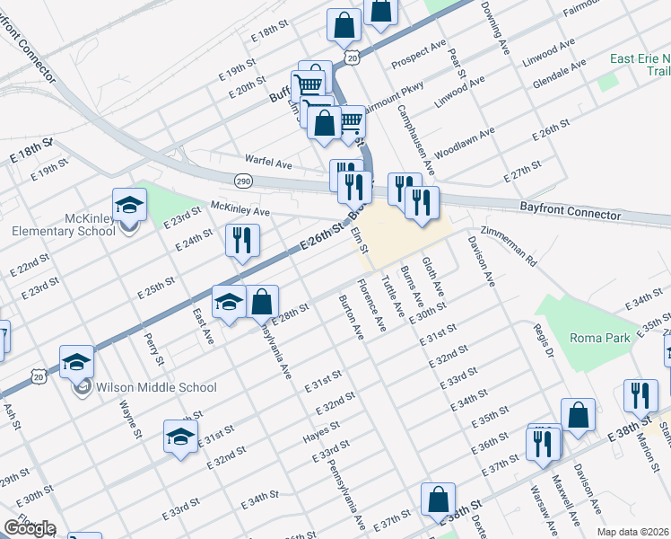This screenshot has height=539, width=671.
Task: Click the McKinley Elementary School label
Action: pos(64,225)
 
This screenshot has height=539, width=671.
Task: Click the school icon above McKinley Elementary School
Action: pos(130,205)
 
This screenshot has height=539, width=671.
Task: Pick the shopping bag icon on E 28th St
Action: pos(262,303)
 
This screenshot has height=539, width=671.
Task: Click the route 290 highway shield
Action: pos(243,182)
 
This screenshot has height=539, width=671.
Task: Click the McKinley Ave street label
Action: pos(240,211)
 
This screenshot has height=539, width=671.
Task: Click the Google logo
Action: pos(29,528)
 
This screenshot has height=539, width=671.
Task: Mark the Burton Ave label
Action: pos(351,317)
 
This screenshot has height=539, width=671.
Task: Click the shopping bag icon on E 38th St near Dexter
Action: pos(439,501)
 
